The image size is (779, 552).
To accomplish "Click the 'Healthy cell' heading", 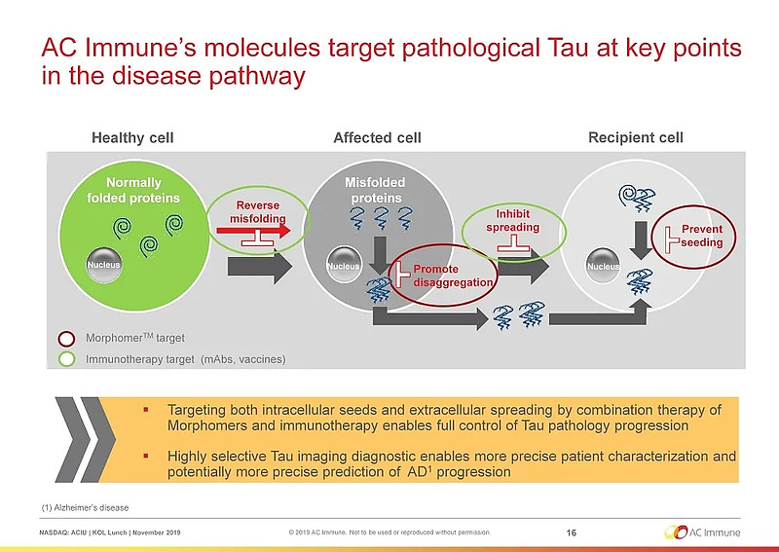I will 131,137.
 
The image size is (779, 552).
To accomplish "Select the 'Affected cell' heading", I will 377,137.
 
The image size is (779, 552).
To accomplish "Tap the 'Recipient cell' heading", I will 635,137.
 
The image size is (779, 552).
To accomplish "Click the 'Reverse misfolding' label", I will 258,212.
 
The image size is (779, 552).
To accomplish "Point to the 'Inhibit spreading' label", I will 512,220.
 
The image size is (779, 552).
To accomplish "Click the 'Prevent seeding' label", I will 701,236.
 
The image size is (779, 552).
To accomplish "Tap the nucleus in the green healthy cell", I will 102,265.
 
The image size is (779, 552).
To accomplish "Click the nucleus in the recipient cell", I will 603,265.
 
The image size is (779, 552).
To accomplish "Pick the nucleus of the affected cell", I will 343,265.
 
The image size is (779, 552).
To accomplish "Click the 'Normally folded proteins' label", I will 133,191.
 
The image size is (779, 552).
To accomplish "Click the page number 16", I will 571,532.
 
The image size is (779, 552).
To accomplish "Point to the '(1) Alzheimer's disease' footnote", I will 85,507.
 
